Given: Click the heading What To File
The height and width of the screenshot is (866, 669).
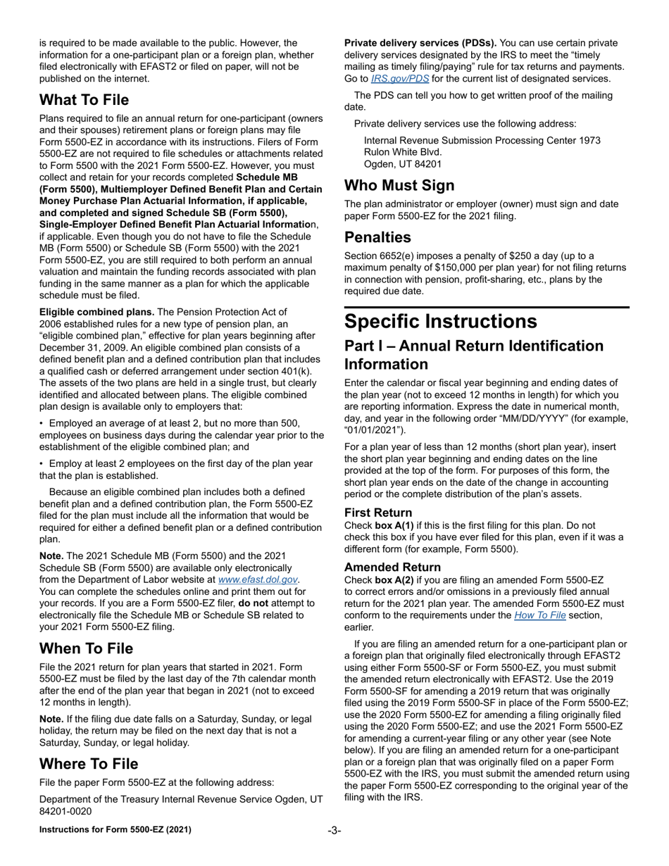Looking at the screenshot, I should click(84, 100).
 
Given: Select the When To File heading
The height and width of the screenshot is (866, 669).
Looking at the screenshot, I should click(86, 648).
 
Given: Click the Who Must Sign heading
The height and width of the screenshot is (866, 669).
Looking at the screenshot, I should click(399, 186).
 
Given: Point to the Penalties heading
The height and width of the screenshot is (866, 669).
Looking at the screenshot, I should click(377, 237).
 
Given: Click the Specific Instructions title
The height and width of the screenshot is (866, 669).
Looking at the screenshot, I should click(440, 321).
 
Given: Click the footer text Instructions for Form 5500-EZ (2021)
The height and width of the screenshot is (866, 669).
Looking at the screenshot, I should click(115, 830).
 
